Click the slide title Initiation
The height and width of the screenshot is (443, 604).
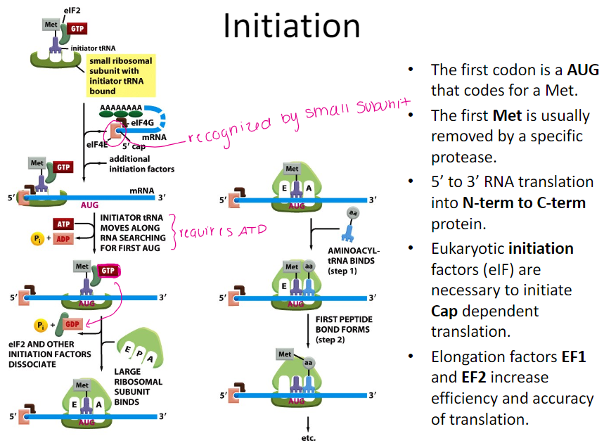pyautogui.click(x=291, y=26)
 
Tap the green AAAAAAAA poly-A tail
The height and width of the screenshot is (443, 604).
pyautogui.click(x=121, y=109)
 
